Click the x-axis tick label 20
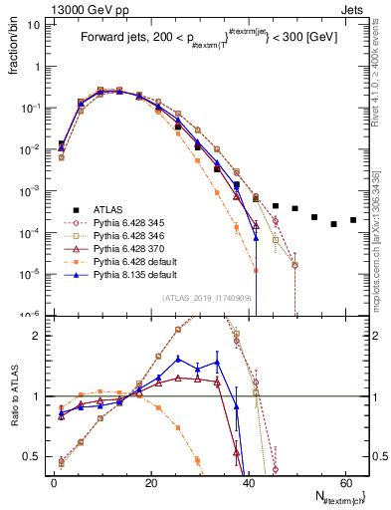coord(149,481)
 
